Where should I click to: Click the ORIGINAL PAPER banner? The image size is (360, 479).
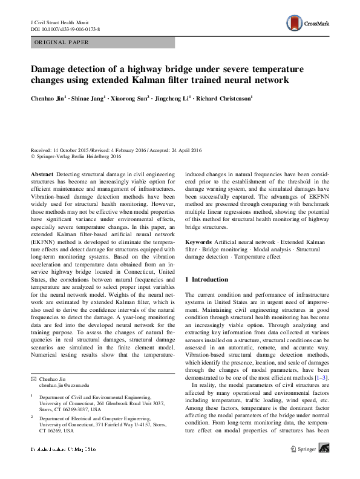pos(103,42)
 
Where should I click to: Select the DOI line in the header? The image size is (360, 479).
pos(65,28)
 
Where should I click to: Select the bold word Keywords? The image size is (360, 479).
pos(198,241)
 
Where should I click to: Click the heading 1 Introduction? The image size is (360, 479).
pos(206,280)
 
